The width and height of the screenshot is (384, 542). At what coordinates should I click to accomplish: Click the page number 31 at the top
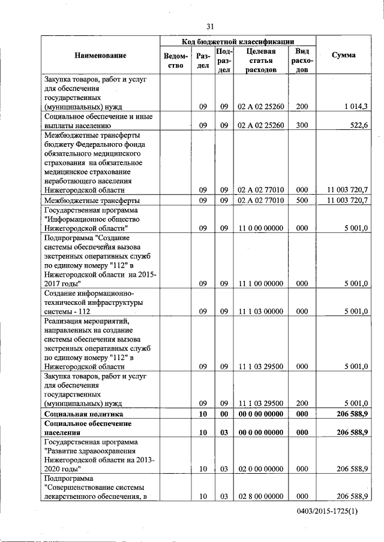click(x=210, y=26)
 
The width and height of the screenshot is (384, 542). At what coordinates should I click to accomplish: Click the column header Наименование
click(x=100, y=56)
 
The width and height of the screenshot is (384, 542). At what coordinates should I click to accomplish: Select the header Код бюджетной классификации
click(x=238, y=42)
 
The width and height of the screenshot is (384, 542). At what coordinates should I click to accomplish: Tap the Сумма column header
click(x=343, y=56)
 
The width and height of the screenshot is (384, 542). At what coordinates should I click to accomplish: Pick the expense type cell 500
click(x=302, y=200)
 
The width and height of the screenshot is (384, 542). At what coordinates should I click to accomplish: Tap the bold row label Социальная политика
click(x=84, y=413)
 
